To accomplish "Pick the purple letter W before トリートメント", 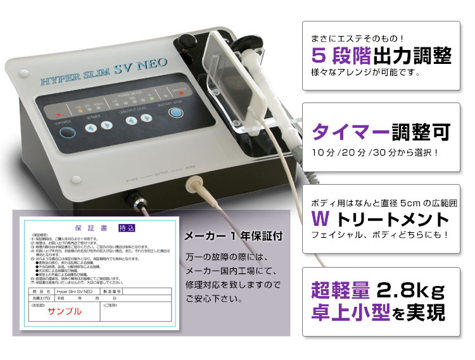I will [321, 219].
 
